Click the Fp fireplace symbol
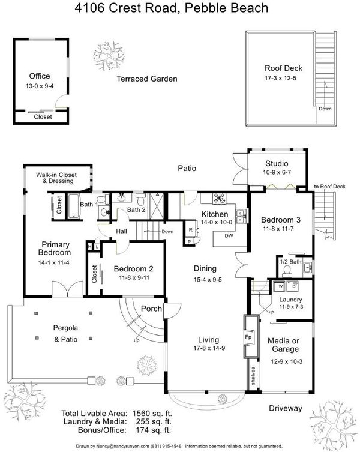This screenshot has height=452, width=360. [248, 337]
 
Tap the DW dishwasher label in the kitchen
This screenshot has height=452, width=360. [229, 236]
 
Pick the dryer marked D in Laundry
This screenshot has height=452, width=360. [293, 286]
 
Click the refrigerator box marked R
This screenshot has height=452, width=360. [191, 230]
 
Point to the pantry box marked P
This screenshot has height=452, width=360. [189, 241]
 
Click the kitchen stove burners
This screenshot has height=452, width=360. [220, 198]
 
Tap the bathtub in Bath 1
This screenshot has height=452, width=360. [74, 206]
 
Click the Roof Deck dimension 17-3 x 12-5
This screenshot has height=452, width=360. [280, 78]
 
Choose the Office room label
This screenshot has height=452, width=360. [40, 76]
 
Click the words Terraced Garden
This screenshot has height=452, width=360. [147, 79]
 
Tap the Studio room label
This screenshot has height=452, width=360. [277, 164]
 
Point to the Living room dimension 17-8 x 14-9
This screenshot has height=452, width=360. [209, 348]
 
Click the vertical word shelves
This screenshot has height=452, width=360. [253, 376]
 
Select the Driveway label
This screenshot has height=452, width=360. [286, 408]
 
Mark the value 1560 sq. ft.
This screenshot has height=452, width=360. [152, 414]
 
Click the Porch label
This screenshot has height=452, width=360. [151, 309]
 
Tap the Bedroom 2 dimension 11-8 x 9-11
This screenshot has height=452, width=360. [134, 277]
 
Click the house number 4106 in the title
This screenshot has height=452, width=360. [89, 8]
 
